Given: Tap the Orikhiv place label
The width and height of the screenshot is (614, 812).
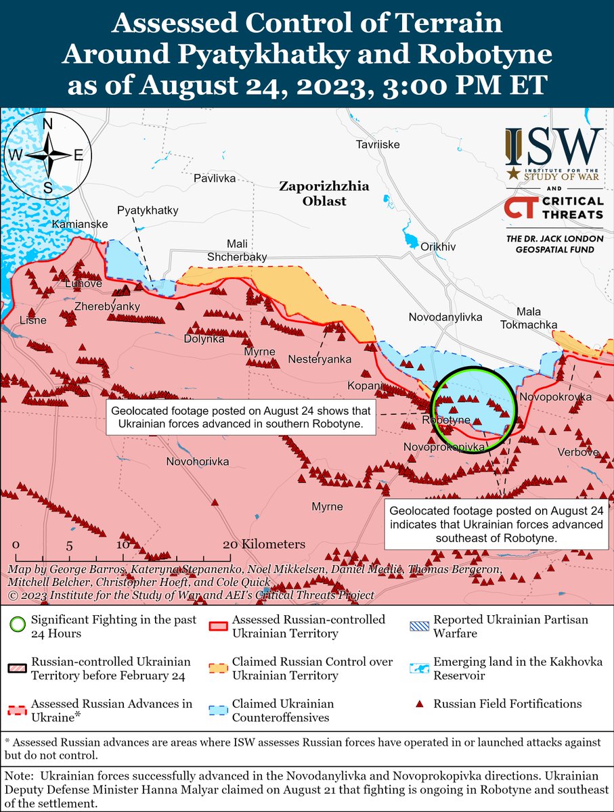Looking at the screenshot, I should [x=434, y=247].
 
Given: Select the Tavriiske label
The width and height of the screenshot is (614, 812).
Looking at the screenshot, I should [x=378, y=145].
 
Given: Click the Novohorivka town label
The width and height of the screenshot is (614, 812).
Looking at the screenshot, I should [x=198, y=461].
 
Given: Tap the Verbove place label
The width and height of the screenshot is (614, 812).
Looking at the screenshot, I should [x=579, y=451].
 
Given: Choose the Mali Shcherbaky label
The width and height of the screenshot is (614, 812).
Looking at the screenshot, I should [x=237, y=250].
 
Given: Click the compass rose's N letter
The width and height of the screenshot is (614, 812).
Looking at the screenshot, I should [x=48, y=124].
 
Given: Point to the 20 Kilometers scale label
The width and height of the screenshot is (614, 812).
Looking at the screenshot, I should [x=266, y=544].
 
